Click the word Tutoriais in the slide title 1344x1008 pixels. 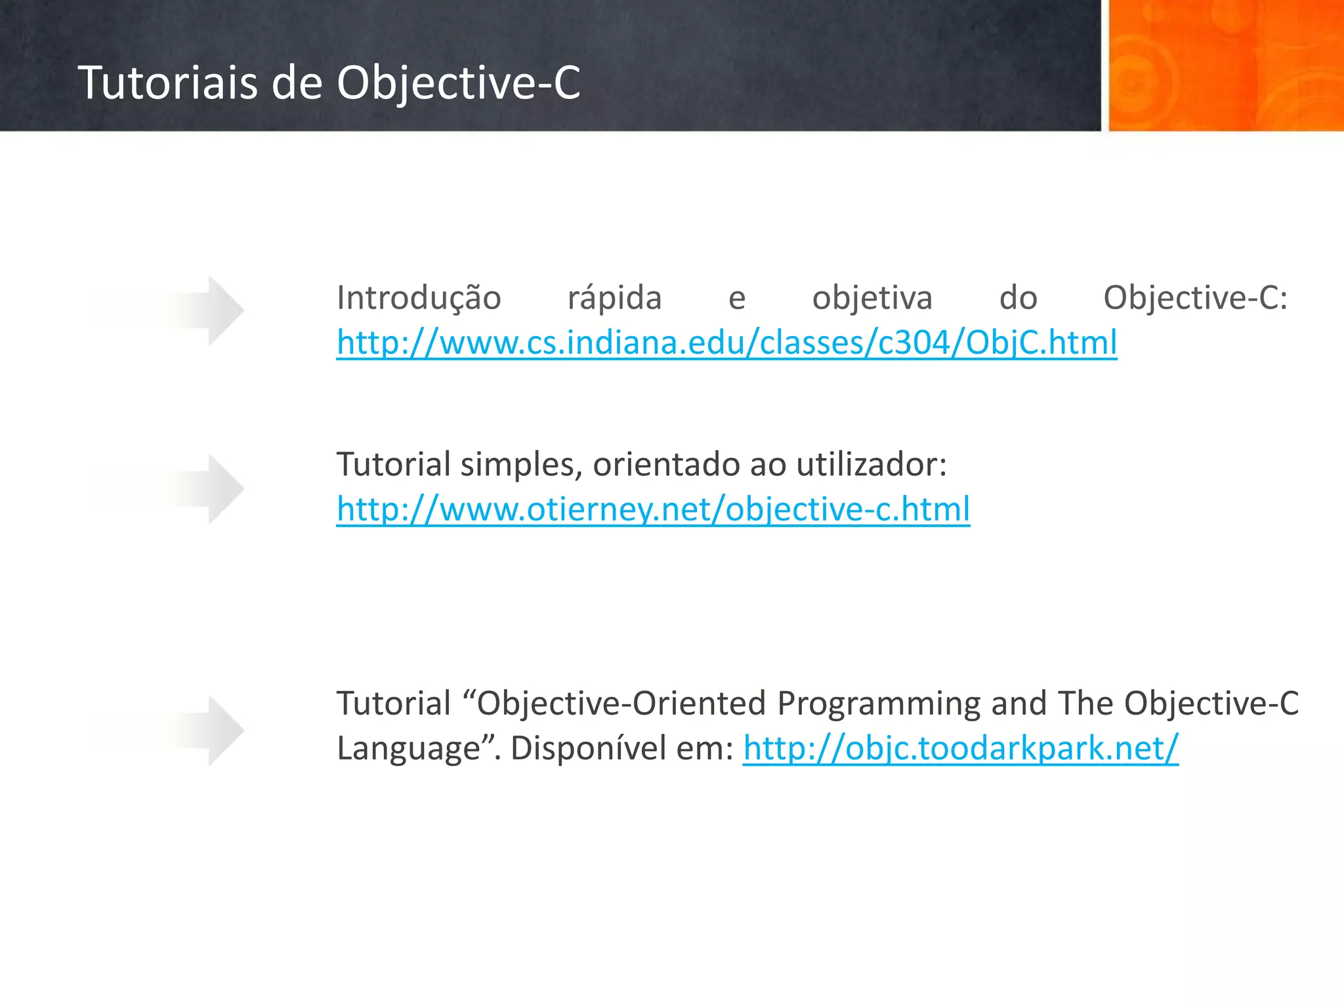(167, 83)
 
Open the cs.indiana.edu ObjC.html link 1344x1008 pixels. (726, 343)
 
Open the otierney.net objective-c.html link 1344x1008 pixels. (653, 509)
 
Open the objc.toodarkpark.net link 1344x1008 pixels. (960, 748)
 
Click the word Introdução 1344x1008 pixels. (419, 298)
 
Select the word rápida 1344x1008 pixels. (614, 298)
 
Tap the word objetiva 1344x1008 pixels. (872, 298)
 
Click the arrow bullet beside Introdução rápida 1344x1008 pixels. (210, 310)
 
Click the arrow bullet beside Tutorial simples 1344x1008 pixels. (210, 489)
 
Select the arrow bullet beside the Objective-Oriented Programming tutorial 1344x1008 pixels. (210, 730)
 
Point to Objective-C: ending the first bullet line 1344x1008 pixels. (1195, 298)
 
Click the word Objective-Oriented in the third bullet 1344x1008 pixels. (621, 703)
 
